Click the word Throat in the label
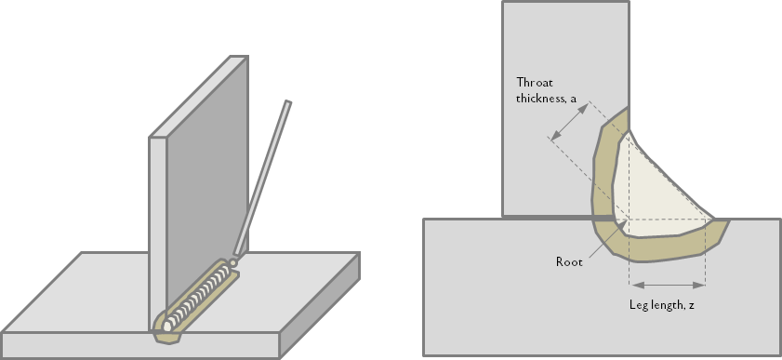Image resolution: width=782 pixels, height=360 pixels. [x=535, y=82]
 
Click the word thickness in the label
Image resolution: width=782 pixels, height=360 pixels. [x=540, y=99]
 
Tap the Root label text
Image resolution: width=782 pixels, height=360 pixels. [x=569, y=261]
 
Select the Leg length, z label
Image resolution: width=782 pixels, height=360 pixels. [x=662, y=305]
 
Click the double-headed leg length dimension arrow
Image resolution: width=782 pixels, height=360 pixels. [x=668, y=286]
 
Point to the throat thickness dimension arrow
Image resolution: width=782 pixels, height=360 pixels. [x=570, y=121]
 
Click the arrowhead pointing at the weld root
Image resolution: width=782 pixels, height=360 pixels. [x=622, y=225]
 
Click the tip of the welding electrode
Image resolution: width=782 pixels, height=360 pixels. [x=232, y=262]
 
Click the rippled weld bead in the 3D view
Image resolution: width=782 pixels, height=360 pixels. [x=196, y=299]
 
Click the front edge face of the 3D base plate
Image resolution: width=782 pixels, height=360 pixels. [x=139, y=345]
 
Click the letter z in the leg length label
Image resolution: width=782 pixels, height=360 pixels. [x=691, y=306]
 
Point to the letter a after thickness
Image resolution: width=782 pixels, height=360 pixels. [x=574, y=100]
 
